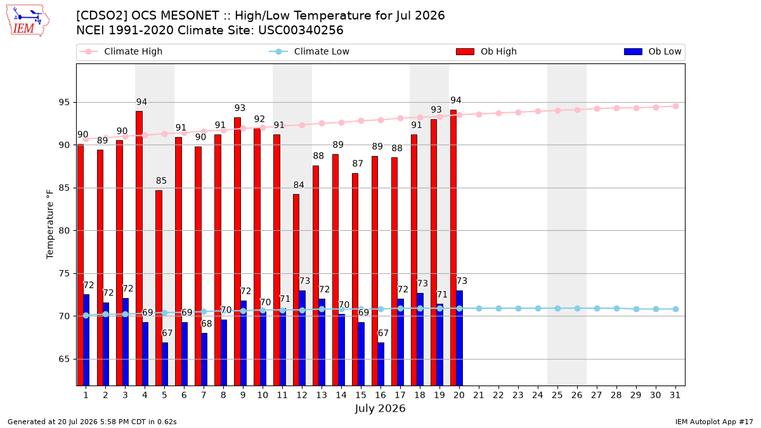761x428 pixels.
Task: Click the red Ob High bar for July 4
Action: [x=139, y=249]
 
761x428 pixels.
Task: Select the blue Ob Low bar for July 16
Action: [x=381, y=364]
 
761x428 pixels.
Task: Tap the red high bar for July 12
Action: [x=296, y=290]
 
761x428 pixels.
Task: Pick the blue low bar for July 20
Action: [x=459, y=338]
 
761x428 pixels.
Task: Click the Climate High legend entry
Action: [x=120, y=51]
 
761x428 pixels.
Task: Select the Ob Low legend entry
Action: [x=653, y=51]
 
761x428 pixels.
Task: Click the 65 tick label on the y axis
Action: [x=64, y=359]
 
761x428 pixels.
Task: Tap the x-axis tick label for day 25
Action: [x=557, y=395]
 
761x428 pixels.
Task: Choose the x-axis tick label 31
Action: [x=675, y=395]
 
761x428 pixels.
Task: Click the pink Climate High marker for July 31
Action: [x=676, y=107]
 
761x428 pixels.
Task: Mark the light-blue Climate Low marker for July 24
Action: [x=538, y=308]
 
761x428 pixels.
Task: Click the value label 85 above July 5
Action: [x=161, y=181]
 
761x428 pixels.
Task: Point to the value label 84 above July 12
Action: [x=299, y=185]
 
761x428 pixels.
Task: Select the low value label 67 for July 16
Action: [x=383, y=334]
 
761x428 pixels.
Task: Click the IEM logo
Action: [x=27, y=21]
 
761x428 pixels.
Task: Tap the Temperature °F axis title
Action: [x=50, y=224]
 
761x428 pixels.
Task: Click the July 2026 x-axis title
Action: [x=380, y=408]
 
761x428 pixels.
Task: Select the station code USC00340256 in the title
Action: [x=301, y=30]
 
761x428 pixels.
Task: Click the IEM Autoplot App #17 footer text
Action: [x=714, y=422]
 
